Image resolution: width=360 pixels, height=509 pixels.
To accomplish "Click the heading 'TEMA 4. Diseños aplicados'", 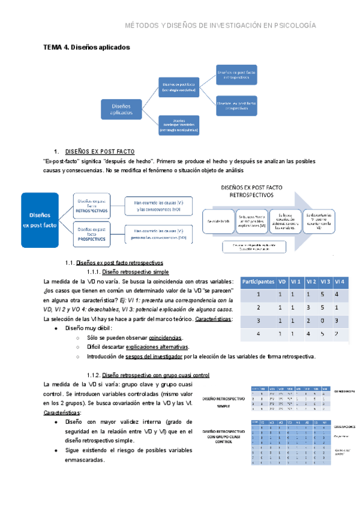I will click(86, 46).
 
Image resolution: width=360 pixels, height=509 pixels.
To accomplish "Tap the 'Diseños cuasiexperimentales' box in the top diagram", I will click(178, 125).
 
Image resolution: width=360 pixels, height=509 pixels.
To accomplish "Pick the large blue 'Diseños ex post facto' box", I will click(44, 220).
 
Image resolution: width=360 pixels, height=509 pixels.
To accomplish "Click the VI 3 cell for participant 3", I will click(324, 321).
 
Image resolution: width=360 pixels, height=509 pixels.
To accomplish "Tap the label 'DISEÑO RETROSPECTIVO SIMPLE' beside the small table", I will click(224, 402).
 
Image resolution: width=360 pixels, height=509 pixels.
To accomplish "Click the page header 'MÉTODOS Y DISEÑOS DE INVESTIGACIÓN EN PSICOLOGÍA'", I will click(220, 26).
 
